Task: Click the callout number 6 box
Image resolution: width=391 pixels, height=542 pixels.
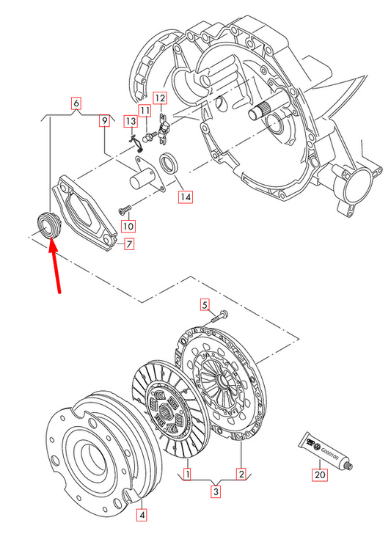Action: (x=76, y=104)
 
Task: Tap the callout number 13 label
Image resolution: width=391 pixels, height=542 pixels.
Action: (x=131, y=120)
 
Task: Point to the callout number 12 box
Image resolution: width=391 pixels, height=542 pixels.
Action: (x=160, y=98)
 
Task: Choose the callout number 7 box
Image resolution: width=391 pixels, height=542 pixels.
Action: (x=128, y=244)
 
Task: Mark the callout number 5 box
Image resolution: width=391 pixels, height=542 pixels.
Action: (x=205, y=305)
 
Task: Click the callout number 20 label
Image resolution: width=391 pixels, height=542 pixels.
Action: (x=319, y=475)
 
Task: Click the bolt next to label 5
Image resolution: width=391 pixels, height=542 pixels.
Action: (x=219, y=318)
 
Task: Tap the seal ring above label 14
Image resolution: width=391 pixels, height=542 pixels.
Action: (x=169, y=163)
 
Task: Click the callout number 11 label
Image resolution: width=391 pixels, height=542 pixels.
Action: (x=145, y=111)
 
